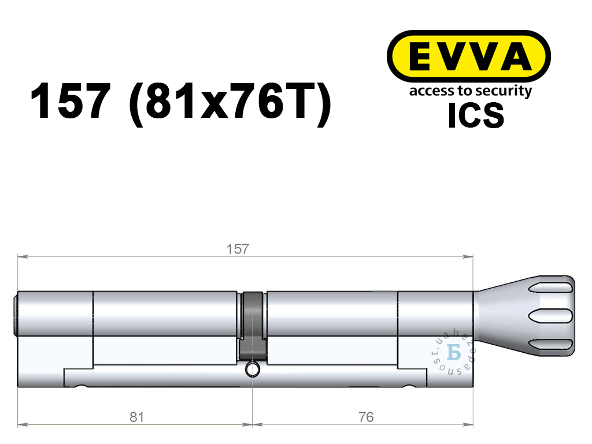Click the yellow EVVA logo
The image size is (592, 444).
tap(468, 56)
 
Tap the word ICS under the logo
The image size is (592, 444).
tap(476, 115)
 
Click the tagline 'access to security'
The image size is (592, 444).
tap(471, 91)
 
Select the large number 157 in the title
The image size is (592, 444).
tap(71, 100)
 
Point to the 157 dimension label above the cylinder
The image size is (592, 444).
tap(238, 249)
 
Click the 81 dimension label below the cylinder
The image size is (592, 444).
tap(136, 417)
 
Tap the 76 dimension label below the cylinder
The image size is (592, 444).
tap(366, 417)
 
